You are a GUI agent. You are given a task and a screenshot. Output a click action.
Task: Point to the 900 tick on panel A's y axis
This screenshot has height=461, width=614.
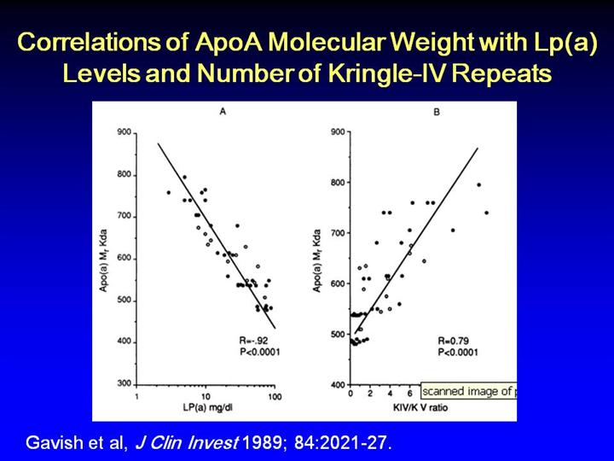tap(125, 133)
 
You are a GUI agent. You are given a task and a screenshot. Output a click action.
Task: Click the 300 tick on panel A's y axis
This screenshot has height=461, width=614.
tap(125, 383)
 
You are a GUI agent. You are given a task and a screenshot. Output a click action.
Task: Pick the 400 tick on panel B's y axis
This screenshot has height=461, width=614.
tap(337, 384)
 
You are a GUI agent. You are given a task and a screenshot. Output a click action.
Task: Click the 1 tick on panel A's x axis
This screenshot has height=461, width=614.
tap(137, 398)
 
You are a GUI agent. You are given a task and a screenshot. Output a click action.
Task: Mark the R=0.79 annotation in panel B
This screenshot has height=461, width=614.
tap(459, 340)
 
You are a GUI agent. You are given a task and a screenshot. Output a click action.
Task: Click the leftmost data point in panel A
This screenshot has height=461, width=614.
tap(168, 193)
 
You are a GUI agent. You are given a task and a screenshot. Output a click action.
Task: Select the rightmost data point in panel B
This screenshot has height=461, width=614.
tap(487, 213)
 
